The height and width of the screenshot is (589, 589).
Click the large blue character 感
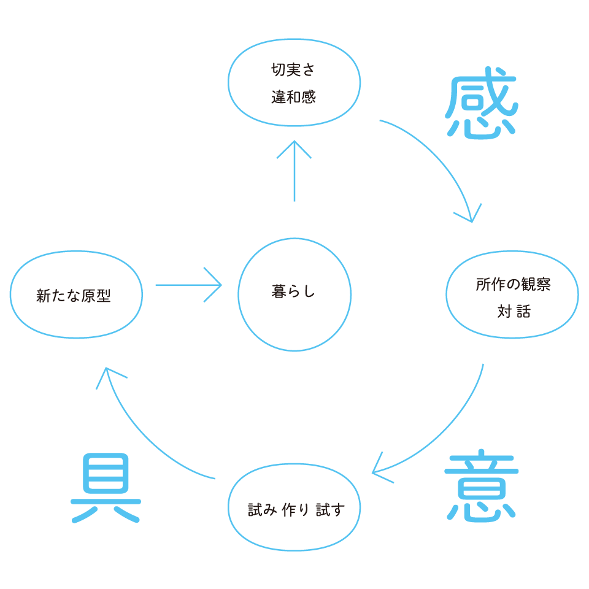(x=481, y=108)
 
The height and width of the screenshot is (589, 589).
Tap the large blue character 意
(x=481, y=489)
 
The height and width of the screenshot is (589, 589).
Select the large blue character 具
(x=106, y=488)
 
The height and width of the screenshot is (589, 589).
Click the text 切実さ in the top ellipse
(x=293, y=71)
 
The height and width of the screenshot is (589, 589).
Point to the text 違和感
(x=293, y=97)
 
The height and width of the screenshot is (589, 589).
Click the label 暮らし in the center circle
(x=293, y=292)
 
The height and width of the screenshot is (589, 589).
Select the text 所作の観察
(x=513, y=285)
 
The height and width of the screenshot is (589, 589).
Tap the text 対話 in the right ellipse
(x=514, y=312)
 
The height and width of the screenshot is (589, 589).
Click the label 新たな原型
(x=73, y=296)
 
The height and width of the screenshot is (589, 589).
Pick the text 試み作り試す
(x=295, y=510)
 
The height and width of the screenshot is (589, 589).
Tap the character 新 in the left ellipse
(x=42, y=296)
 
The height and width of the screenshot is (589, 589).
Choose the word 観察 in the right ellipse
(x=536, y=285)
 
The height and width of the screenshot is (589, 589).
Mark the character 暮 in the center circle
(x=277, y=292)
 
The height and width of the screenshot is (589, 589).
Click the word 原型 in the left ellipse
(x=96, y=296)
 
